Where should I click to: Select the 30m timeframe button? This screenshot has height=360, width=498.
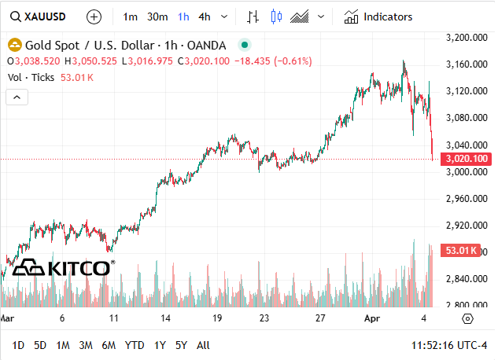[x=157, y=16]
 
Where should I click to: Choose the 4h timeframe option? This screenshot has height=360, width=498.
[x=205, y=16]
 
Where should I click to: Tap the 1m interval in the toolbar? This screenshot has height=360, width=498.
[x=131, y=16]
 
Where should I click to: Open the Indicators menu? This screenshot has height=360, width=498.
[x=378, y=16]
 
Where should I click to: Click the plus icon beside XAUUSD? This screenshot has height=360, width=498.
[x=94, y=16]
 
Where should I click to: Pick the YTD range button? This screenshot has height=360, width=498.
[x=135, y=345]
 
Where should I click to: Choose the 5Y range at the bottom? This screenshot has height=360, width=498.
[x=181, y=345]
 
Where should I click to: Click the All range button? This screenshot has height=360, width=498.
[x=203, y=345]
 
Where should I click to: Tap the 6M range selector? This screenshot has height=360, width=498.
[x=109, y=345]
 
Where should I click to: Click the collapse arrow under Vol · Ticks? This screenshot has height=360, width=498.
[x=17, y=97]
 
